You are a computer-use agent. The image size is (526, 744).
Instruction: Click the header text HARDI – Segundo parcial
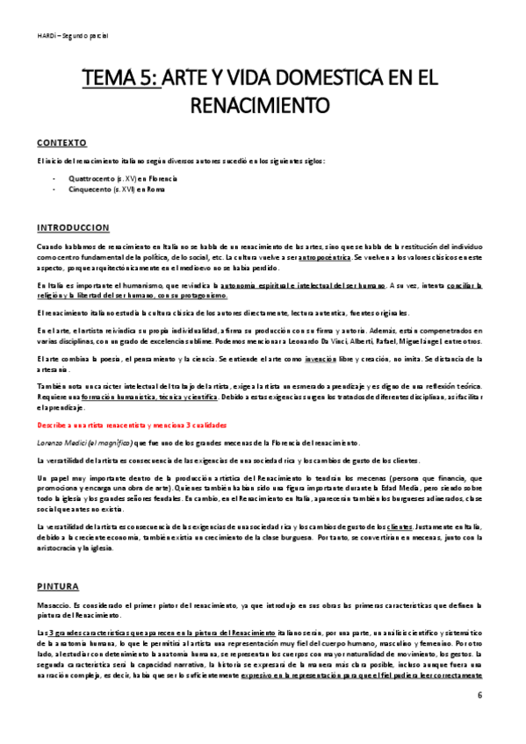click(x=72, y=36)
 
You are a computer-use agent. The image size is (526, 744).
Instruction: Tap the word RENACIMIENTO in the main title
click(x=263, y=106)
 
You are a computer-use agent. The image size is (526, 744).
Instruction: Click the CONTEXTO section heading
click(x=61, y=142)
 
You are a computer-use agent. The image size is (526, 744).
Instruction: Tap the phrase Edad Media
click(x=381, y=486)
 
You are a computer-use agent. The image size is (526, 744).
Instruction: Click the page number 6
click(x=480, y=695)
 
